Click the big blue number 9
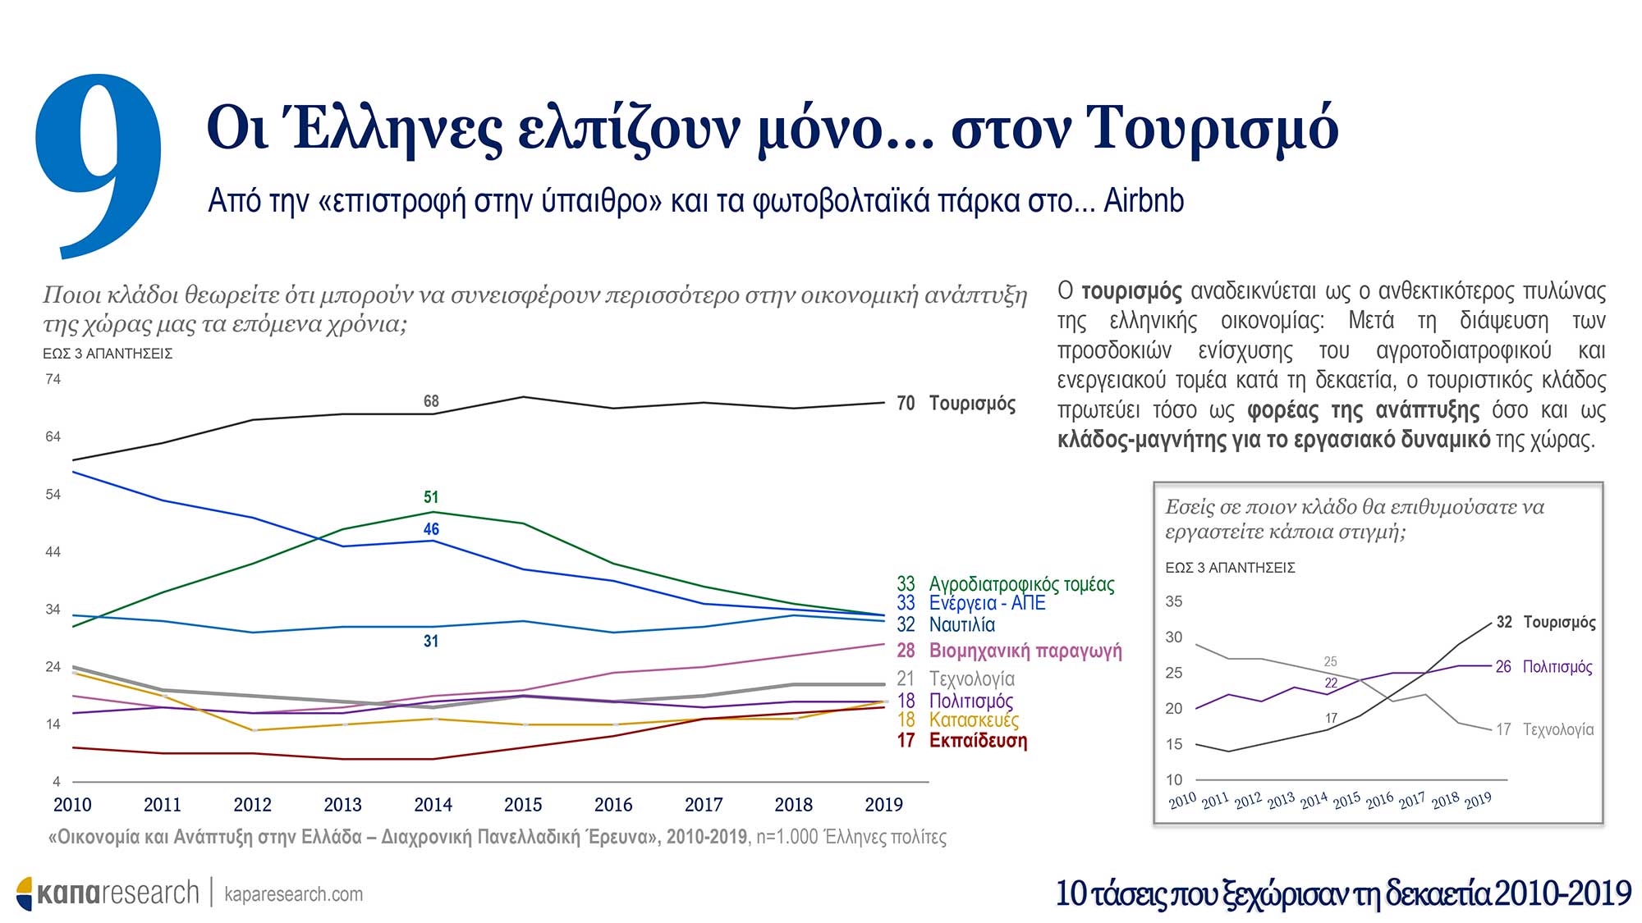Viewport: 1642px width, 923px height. tap(99, 164)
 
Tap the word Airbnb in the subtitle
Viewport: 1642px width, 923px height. tap(1143, 201)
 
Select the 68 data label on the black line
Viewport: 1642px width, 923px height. tap(431, 401)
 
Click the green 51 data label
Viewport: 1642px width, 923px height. tap(431, 497)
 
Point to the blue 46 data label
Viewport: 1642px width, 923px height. tap(431, 529)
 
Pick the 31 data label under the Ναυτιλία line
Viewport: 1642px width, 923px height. tap(431, 642)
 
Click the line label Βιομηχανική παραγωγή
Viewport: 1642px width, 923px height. tap(1025, 651)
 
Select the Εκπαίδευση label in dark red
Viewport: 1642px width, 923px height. tap(977, 741)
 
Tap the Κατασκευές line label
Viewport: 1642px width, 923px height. tap(974, 720)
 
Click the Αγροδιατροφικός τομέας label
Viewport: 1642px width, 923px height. tap(1021, 584)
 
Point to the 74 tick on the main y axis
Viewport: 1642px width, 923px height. tap(53, 379)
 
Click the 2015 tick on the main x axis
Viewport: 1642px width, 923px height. tap(523, 805)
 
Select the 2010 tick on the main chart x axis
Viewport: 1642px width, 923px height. tap(72, 805)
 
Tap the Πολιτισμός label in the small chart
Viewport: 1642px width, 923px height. tap(1557, 667)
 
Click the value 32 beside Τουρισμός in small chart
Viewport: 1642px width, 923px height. tap(1504, 622)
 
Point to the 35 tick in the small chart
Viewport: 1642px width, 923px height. tap(1174, 601)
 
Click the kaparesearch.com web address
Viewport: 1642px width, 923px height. tap(293, 894)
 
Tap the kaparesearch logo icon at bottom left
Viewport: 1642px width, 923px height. tap(25, 893)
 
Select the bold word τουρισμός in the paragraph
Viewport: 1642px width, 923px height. tap(1131, 291)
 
